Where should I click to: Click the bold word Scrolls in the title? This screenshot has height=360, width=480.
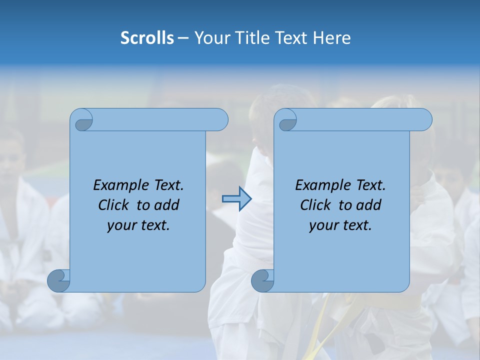pos(147,38)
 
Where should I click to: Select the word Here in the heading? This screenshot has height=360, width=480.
pos(332,38)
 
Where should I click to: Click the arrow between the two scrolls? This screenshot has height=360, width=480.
pos(236,199)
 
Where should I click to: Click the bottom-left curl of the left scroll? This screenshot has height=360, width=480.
pos(58,280)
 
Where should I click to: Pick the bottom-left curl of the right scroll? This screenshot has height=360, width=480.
pos(262,280)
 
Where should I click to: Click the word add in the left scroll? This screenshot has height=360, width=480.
pos(167,205)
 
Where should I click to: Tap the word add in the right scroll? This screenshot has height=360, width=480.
pos(369,205)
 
